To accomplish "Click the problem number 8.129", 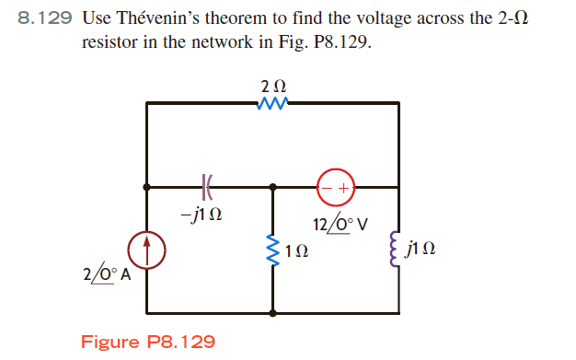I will point(45,18).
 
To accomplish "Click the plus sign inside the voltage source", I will point(345,187).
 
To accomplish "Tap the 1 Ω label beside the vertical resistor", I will point(296,250).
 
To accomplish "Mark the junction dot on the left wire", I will point(147,186).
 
